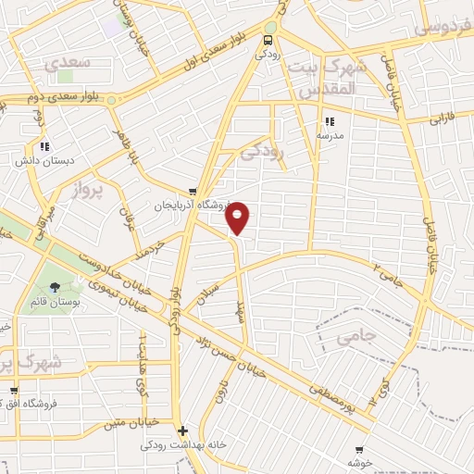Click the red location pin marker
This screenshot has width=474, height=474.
[238, 217]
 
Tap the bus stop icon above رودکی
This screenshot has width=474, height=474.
[268, 40]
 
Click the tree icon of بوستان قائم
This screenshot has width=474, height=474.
[56, 286]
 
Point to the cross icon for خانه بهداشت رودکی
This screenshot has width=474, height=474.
[183, 430]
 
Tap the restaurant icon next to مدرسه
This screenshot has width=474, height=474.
[329, 121]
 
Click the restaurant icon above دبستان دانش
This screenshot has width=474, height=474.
[45, 146]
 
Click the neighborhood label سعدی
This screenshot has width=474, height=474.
[68, 62]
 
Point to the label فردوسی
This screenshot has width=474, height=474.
[445, 29]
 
